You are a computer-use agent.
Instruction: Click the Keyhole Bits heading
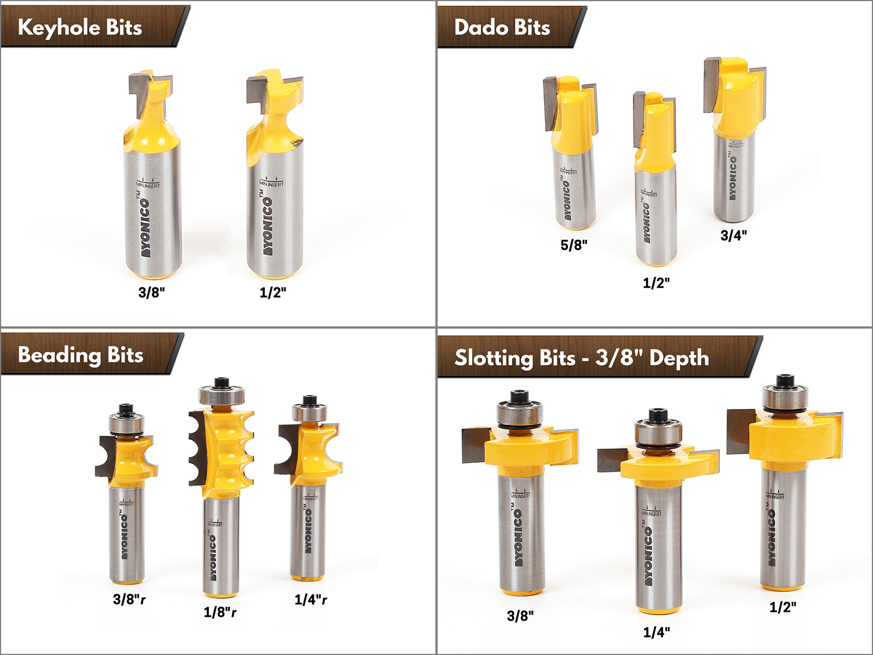click(80, 27)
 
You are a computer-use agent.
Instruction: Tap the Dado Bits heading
click(502, 27)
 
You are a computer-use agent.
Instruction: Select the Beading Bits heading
click(81, 355)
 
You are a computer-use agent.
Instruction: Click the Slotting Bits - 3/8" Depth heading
click(582, 358)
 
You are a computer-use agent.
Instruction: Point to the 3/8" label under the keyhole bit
click(152, 293)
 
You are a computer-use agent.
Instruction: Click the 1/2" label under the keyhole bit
click(273, 293)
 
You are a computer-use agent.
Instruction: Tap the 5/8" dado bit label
click(574, 245)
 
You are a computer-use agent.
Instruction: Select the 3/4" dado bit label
click(734, 235)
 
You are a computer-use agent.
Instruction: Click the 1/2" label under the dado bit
click(656, 283)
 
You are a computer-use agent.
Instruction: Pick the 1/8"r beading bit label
click(220, 612)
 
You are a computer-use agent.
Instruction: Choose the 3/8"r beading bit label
click(129, 599)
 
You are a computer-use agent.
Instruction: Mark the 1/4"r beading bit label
click(311, 600)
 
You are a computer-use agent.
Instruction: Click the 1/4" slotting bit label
click(656, 632)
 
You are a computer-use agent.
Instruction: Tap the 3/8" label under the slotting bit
click(521, 616)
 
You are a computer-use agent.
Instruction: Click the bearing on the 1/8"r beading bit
click(222, 396)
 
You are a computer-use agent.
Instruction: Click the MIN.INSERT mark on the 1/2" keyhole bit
click(271, 182)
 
